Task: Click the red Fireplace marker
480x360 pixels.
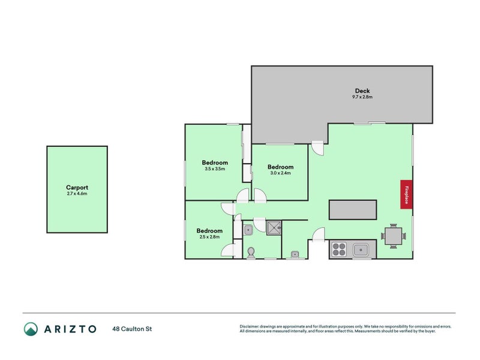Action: [x=406, y=194]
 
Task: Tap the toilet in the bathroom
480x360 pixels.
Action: [x=251, y=253]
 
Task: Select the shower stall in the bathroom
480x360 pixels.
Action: [x=274, y=227]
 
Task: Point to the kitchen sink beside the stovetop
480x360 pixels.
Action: [x=361, y=250]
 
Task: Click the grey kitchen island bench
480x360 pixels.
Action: [x=353, y=209]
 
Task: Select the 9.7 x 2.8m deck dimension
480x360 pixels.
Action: [x=363, y=97]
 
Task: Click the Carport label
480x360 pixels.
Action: [x=77, y=187]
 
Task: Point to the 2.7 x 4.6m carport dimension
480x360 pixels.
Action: [x=77, y=194]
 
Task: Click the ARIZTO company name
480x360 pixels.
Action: [x=70, y=329]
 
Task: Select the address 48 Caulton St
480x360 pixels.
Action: [x=133, y=329]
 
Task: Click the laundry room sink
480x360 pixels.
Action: [x=294, y=254]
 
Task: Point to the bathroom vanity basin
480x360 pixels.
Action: [x=248, y=228]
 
